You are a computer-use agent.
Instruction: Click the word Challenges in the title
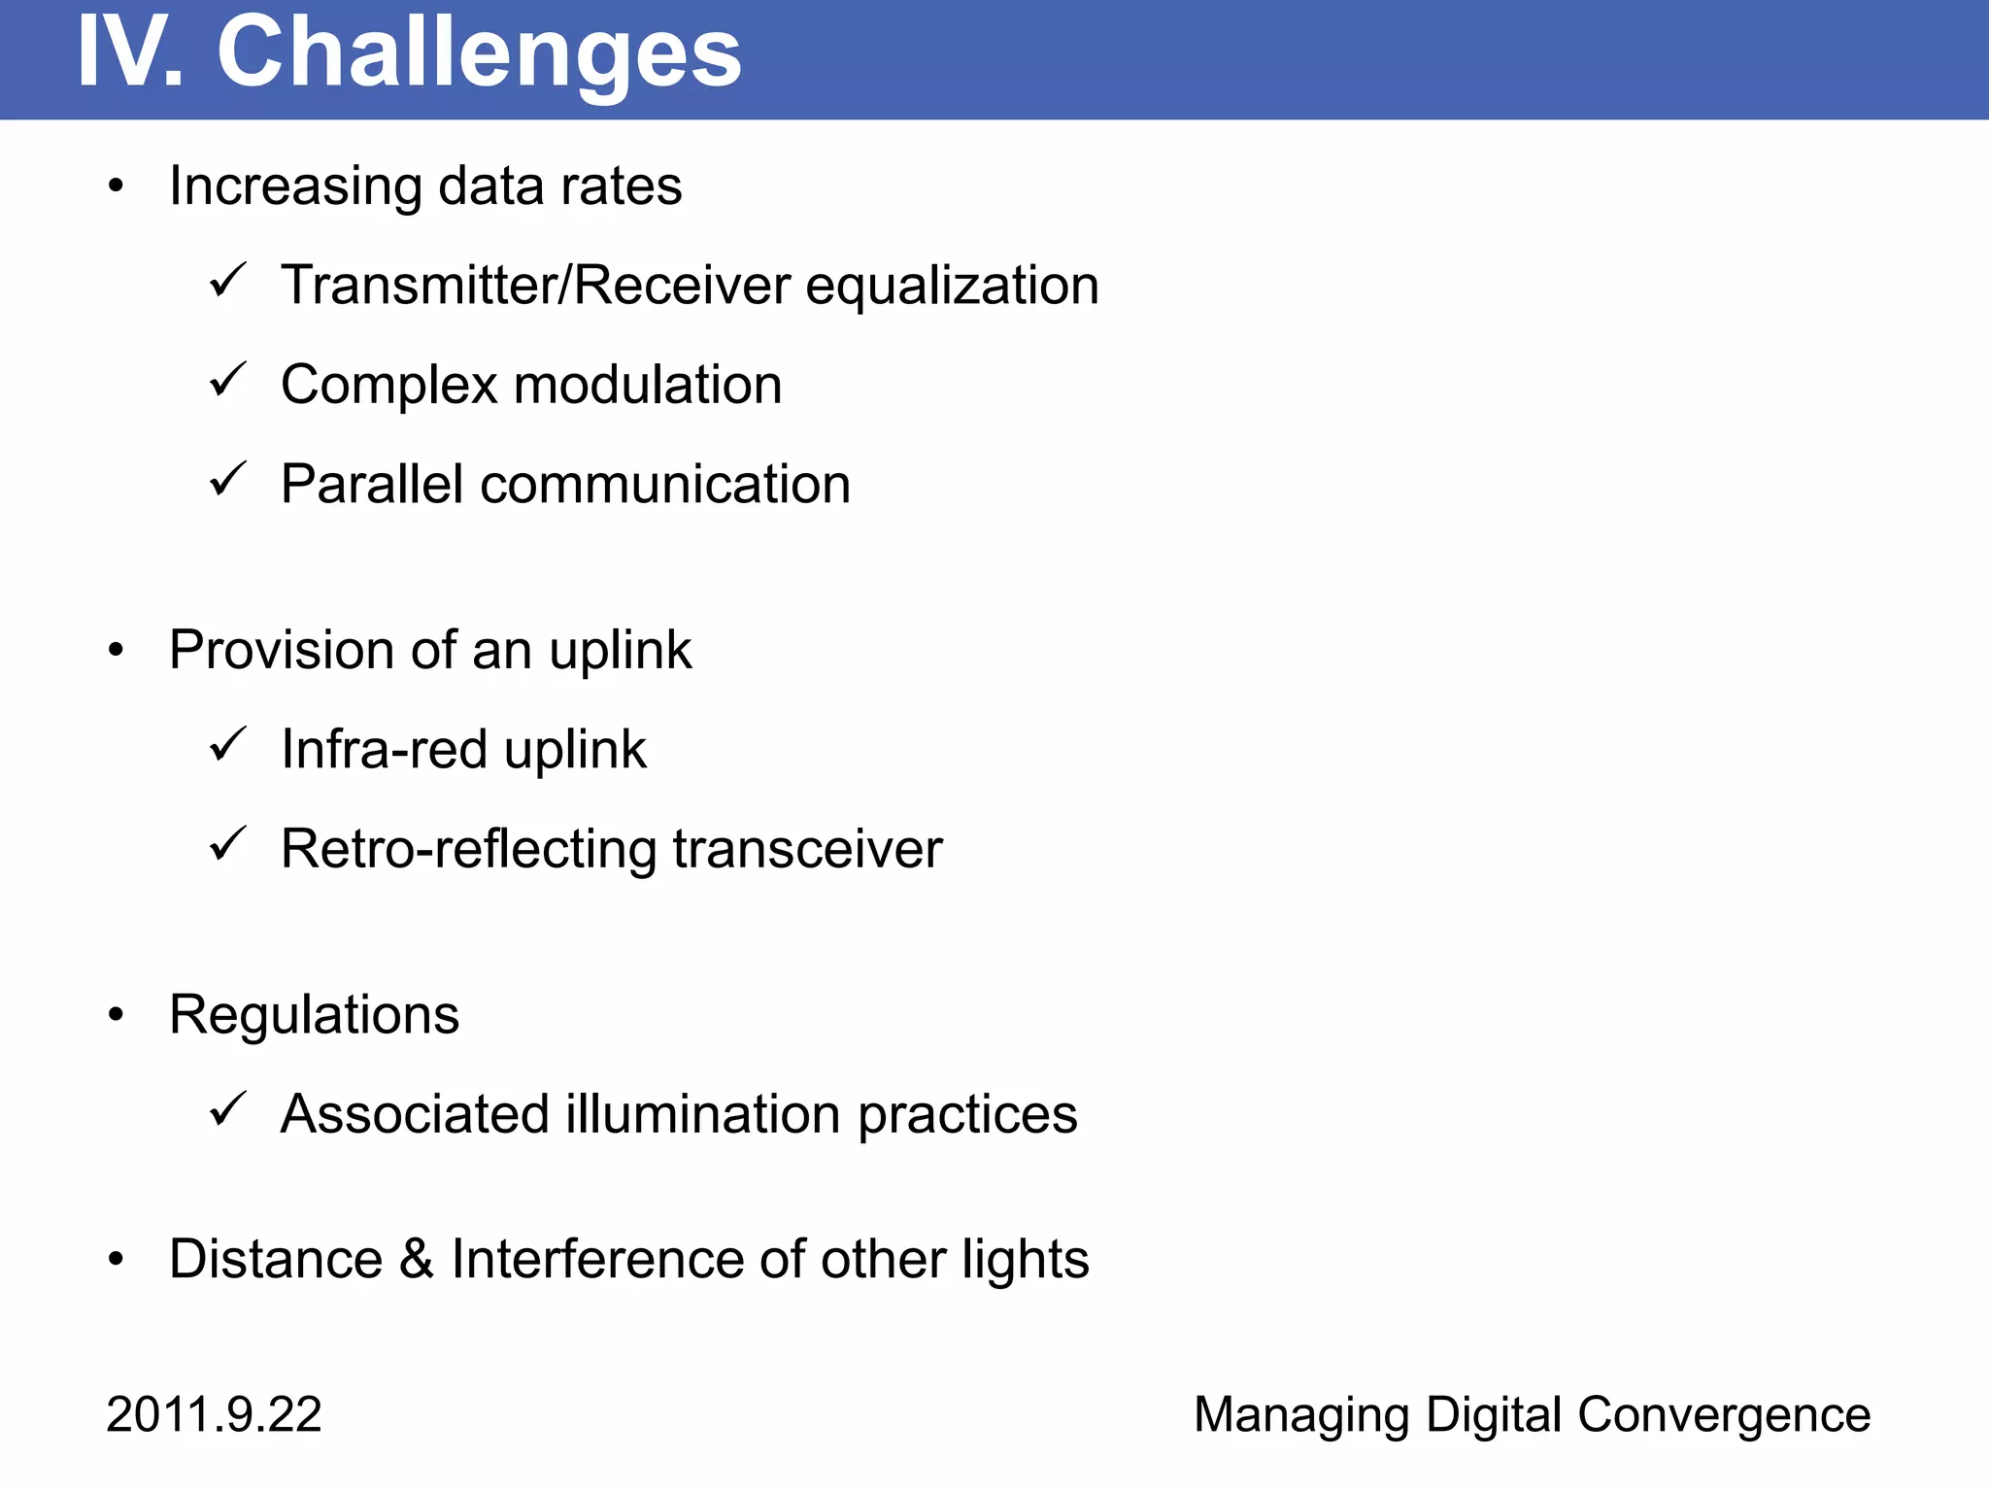[479, 53]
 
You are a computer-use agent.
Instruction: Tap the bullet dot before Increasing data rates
[117, 186]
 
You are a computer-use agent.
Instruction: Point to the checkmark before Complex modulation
[229, 380]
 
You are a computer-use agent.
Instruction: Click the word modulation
[648, 385]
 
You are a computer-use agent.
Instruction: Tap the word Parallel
[371, 484]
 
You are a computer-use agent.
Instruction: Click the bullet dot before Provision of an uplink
[117, 650]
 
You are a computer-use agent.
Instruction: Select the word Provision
[281, 650]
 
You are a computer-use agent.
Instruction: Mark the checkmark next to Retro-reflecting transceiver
[229, 844]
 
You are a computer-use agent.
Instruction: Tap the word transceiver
[807, 849]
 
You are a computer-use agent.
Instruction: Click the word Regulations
[314, 1015]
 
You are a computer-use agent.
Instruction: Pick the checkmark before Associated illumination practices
[229, 1109]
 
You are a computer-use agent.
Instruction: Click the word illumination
[703, 1114]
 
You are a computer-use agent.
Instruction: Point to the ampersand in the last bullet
[417, 1259]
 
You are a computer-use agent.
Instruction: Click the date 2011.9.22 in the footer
[214, 1414]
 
